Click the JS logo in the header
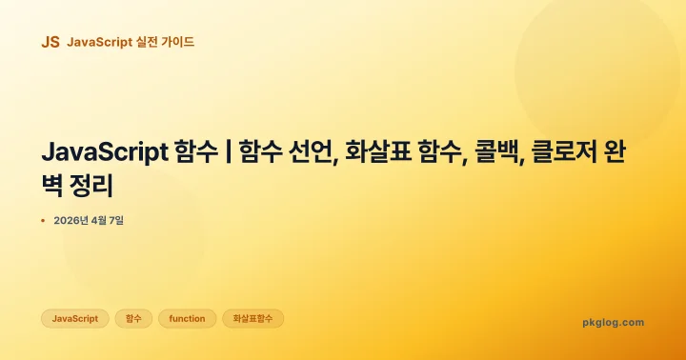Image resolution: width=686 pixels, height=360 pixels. point(50,42)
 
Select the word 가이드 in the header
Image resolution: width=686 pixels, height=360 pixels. point(178,42)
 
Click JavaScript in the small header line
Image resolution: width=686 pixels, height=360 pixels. point(99,42)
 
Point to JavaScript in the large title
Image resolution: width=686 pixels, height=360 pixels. point(104,152)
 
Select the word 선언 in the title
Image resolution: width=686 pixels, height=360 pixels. point(311,152)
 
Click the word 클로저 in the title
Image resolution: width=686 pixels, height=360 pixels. point(569,152)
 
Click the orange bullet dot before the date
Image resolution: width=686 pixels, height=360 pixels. point(44,221)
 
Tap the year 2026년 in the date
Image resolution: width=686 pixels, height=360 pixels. point(71,221)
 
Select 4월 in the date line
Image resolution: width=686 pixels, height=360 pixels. point(100,221)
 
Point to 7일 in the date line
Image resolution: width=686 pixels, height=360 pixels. point(117,221)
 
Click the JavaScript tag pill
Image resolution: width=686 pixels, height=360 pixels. point(74,318)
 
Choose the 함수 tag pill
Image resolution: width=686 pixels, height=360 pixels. point(133,318)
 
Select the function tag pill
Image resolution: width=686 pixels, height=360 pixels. point(187,318)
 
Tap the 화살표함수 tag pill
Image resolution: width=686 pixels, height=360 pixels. point(252,318)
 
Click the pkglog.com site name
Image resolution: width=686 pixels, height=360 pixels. point(613,322)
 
